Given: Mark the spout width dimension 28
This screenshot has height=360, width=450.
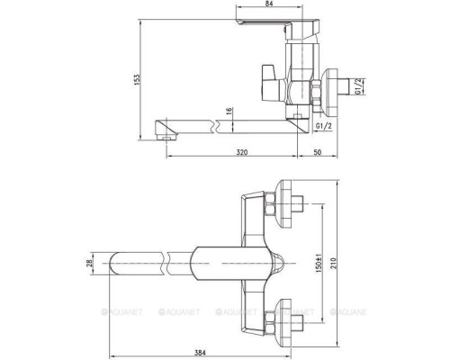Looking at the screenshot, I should [89, 263].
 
